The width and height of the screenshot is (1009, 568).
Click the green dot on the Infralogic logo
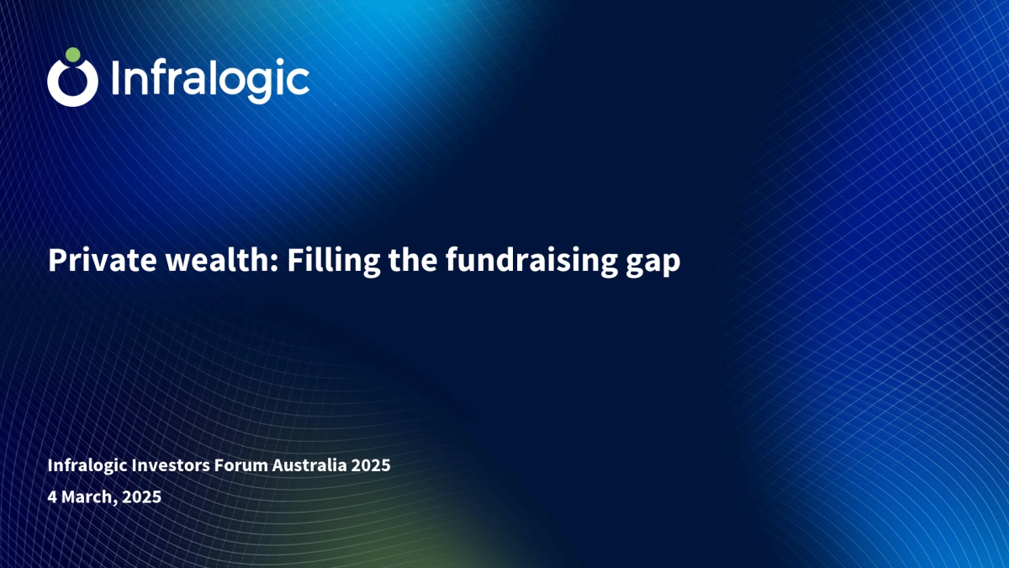click(x=72, y=55)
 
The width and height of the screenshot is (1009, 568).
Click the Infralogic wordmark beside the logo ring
click(x=210, y=80)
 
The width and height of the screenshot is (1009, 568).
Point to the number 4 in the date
click(x=52, y=496)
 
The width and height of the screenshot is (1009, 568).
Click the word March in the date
click(x=89, y=497)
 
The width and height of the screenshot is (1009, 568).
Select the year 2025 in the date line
click(x=142, y=496)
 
